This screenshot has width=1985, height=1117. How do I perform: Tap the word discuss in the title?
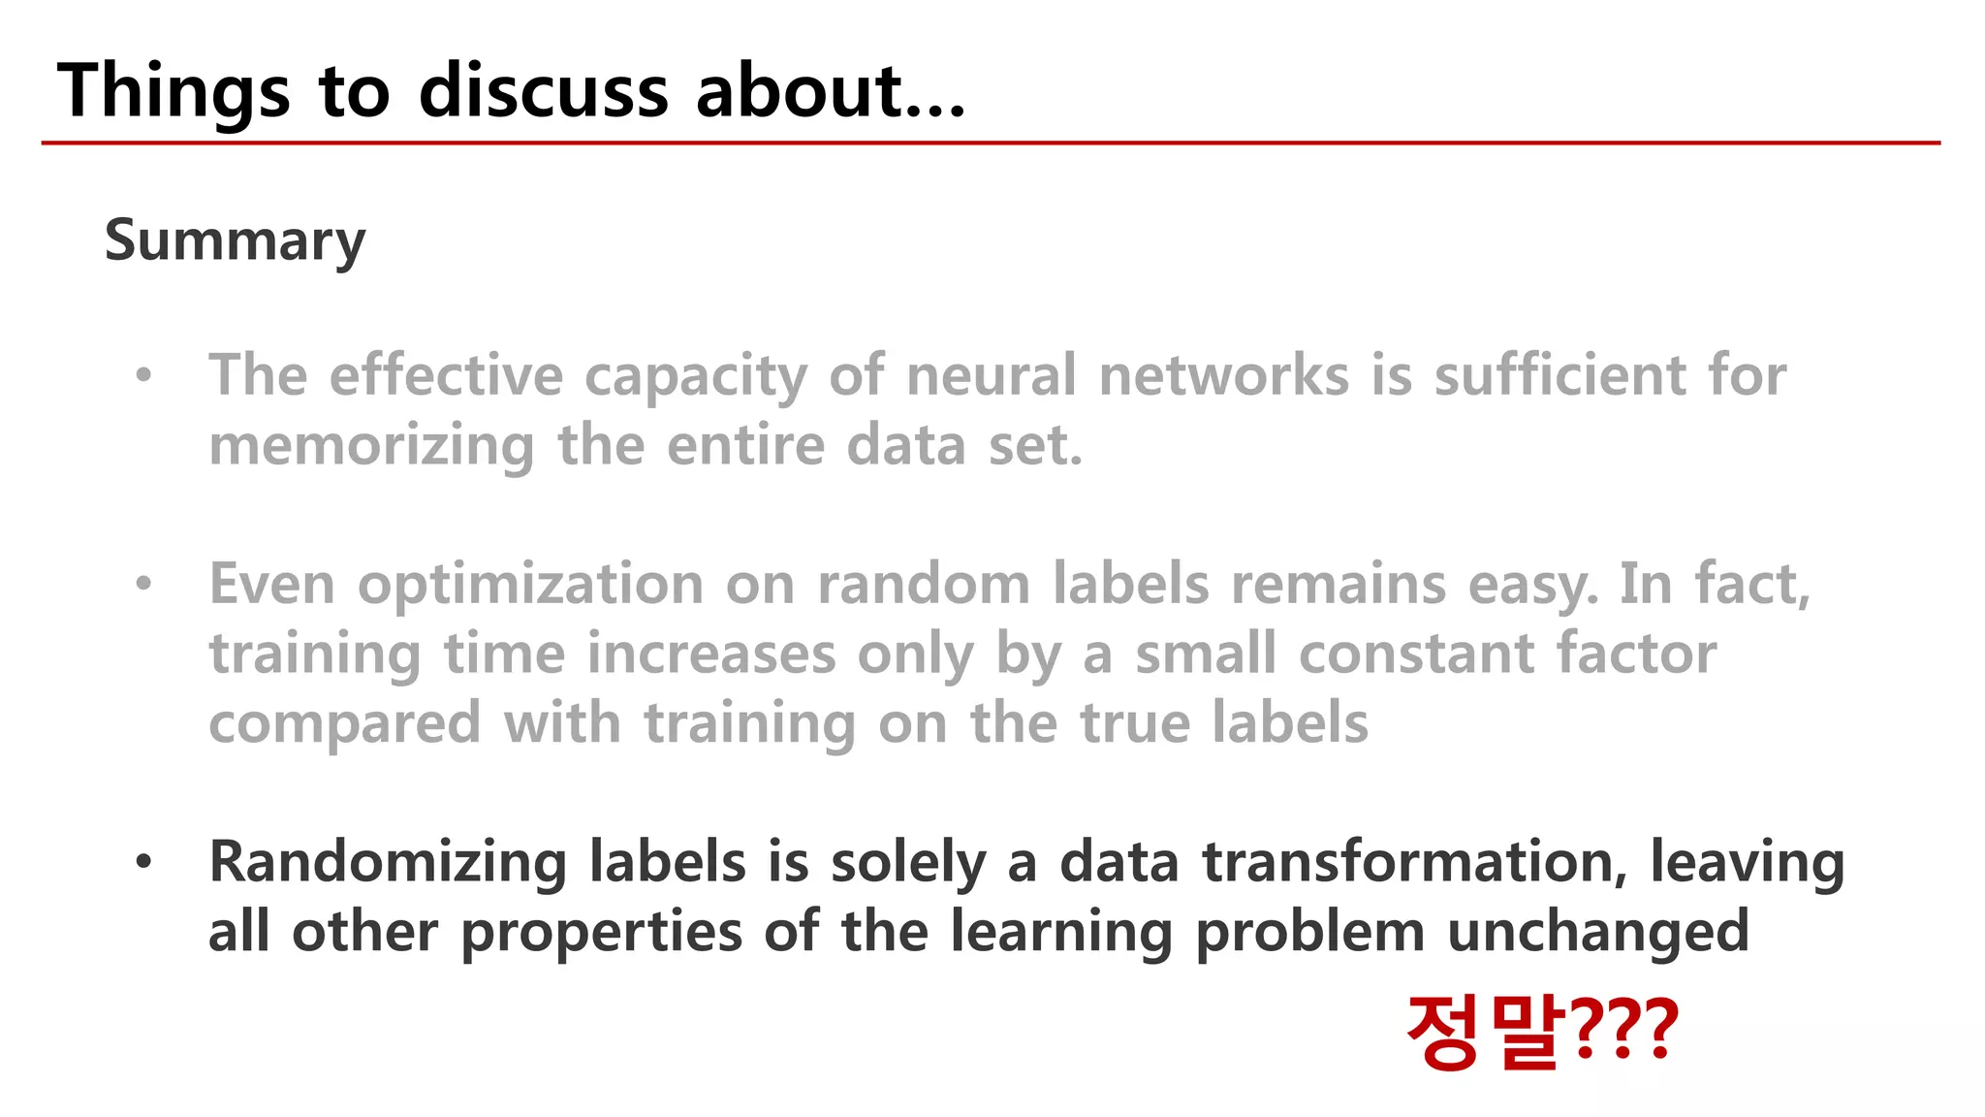543,91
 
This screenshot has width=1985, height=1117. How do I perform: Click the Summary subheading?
235,240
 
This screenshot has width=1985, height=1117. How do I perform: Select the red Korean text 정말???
1541,1032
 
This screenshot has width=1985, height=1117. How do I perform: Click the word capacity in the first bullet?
695,376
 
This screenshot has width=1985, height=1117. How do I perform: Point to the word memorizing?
371,446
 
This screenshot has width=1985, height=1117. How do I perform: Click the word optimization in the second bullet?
530,585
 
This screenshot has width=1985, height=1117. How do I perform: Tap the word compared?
344,724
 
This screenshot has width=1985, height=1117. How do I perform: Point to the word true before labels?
1135,723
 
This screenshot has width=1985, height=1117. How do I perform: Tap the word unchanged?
1597,932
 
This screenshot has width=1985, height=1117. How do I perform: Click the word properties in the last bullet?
600,934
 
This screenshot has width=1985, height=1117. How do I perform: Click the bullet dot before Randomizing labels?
144,861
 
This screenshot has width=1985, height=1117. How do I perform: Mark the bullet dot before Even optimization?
144,584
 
